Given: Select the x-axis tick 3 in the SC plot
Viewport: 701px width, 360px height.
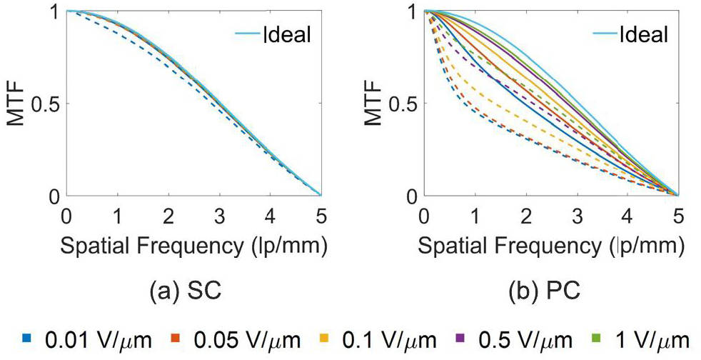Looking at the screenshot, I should [219, 215].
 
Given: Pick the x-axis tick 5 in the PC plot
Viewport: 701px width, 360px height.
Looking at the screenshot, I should [677, 215].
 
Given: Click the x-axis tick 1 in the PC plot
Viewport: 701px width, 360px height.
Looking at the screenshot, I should [474, 215].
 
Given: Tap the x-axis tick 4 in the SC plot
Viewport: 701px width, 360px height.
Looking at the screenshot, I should [270, 215].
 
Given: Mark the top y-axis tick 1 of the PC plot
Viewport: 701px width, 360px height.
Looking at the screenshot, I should [412, 13].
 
